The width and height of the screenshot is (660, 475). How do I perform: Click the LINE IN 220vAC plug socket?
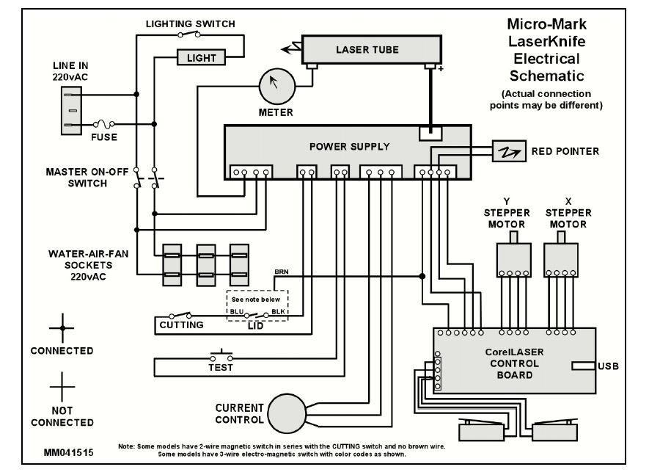(x=70, y=109)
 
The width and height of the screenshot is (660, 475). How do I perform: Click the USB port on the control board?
(x=584, y=366)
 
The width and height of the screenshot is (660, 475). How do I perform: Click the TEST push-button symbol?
(x=221, y=354)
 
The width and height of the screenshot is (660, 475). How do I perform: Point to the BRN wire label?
(x=281, y=272)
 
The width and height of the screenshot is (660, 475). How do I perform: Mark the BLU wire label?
(x=236, y=311)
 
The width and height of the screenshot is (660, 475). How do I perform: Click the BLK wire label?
(x=278, y=311)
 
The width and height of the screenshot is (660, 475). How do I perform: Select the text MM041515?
(x=68, y=453)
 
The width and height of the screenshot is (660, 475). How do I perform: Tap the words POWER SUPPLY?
(x=349, y=146)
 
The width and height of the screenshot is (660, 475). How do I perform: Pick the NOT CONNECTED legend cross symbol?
(x=62, y=384)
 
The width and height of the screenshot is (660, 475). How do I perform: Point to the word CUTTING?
(x=181, y=324)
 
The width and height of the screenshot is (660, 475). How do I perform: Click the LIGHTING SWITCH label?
(x=190, y=24)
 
